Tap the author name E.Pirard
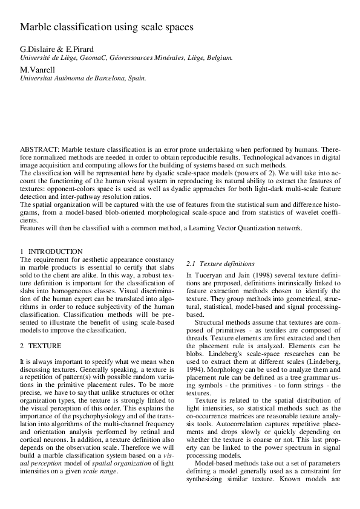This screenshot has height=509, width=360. click(79, 49)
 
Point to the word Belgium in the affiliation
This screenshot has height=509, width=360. click(218, 57)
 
